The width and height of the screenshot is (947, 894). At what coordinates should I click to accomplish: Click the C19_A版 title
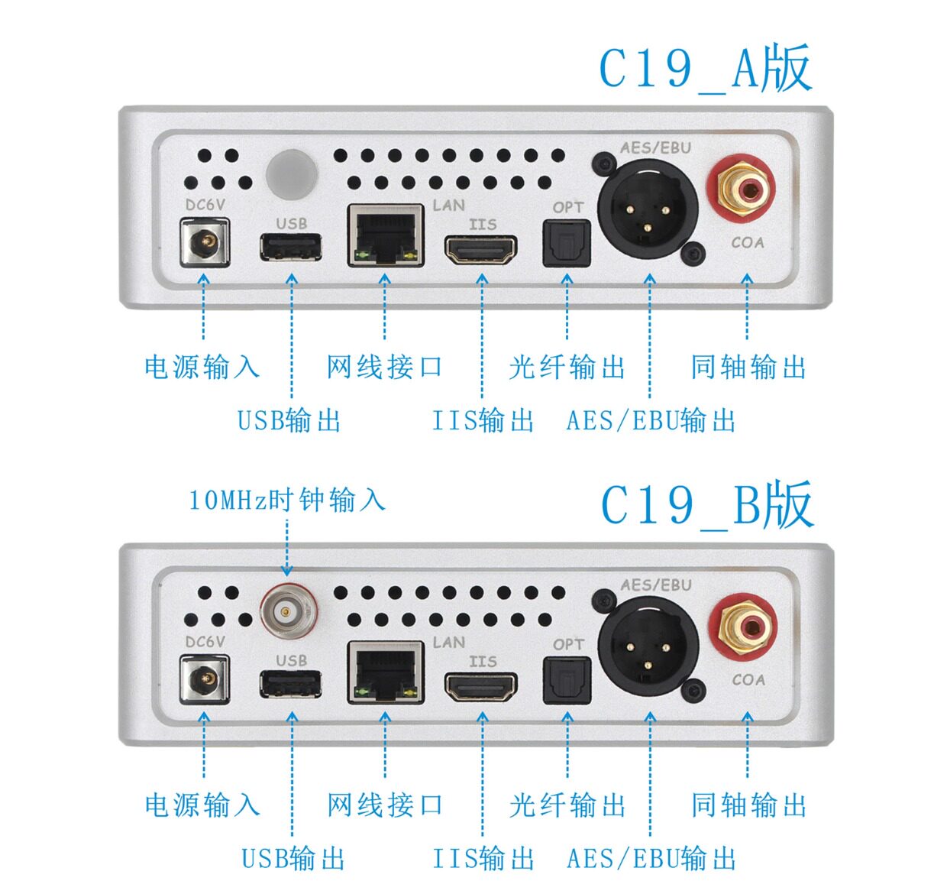[x=704, y=69]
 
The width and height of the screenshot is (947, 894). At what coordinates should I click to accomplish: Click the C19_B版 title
[x=706, y=505]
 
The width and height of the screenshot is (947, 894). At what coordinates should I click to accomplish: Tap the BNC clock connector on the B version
[x=288, y=611]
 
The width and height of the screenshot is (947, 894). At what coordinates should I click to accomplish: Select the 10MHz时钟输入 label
[x=287, y=500]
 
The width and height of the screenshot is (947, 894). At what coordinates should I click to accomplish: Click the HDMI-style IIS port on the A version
[x=480, y=250]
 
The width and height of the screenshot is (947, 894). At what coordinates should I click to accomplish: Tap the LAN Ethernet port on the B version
[x=386, y=672]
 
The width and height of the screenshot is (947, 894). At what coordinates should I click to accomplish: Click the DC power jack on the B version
[x=204, y=679]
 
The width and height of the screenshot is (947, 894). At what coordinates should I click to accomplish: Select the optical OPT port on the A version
[x=567, y=244]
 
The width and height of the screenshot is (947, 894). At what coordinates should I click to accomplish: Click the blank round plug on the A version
[x=291, y=173]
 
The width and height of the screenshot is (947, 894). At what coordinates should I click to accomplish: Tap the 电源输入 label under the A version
[x=202, y=368]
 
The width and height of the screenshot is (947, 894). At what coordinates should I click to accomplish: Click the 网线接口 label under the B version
[x=385, y=805]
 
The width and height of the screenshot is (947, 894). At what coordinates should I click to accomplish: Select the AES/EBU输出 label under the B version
[x=651, y=858]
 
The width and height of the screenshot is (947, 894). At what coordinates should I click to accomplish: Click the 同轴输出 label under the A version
[x=748, y=368]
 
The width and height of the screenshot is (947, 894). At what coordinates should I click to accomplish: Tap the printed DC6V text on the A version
[x=205, y=205]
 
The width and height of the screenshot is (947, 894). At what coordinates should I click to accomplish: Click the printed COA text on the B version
[x=748, y=679]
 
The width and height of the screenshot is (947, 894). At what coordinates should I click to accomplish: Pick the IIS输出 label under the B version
[x=483, y=858]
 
